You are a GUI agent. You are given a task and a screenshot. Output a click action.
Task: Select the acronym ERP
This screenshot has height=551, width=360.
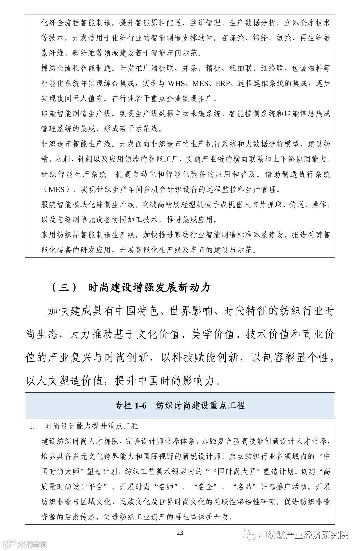click(x=223, y=83)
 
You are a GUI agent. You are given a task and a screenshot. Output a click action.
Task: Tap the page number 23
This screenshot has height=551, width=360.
click(x=180, y=533)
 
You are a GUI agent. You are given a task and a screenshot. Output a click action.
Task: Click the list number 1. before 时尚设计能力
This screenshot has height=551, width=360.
click(x=32, y=426)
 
